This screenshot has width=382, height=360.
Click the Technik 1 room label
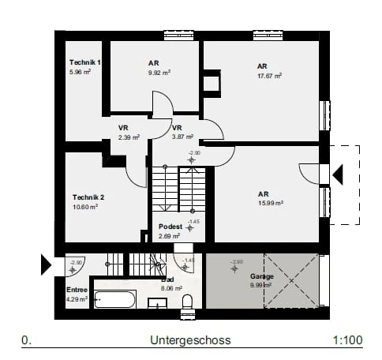pyautogui.click(x=85, y=62)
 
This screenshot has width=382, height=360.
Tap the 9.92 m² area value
pyautogui.click(x=159, y=72)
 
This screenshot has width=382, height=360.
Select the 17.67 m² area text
pyautogui.click(x=269, y=77)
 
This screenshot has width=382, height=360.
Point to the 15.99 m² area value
pyautogui.click(x=271, y=202)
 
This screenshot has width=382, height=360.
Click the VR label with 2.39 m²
pyautogui.click(x=124, y=128)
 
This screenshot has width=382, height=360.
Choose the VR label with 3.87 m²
pyautogui.click(x=177, y=128)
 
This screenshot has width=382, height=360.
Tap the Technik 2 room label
pyautogui.click(x=88, y=197)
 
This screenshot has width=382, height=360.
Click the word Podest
pyautogui.click(x=170, y=227)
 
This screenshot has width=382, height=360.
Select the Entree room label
pyautogui.click(x=77, y=290)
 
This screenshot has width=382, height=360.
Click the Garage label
pyautogui.click(x=262, y=276)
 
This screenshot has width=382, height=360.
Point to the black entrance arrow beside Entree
pyautogui.click(x=46, y=264)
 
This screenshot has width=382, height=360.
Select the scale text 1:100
pyautogui.click(x=347, y=341)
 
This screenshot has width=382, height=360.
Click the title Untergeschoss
pyautogui.click(x=189, y=341)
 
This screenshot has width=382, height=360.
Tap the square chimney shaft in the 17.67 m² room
pyautogui.click(x=211, y=82)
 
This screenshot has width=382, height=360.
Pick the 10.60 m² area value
pyautogui.click(x=84, y=207)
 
